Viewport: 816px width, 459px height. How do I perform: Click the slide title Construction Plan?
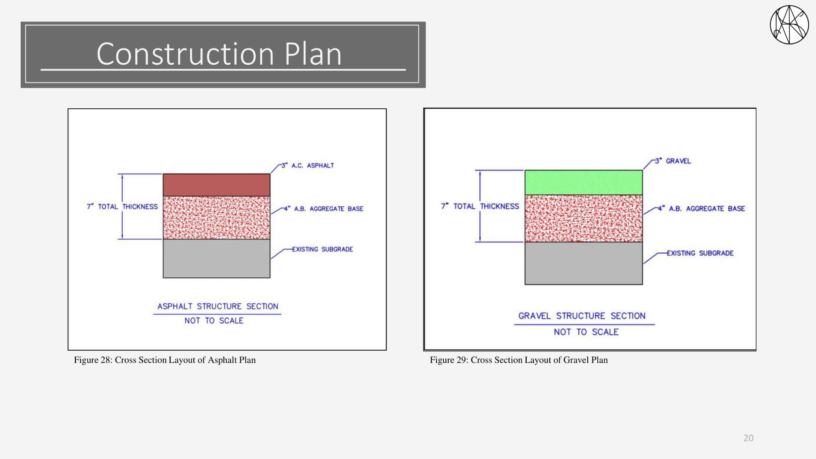(219, 54)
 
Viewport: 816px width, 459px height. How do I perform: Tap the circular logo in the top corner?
(789, 25)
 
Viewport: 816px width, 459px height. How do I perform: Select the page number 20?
(748, 438)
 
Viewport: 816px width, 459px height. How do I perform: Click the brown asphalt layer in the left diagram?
(216, 185)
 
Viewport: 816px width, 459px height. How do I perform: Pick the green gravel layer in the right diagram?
(583, 182)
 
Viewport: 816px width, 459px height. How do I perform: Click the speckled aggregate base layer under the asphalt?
(216, 218)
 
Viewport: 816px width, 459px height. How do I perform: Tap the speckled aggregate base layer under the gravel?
(583, 218)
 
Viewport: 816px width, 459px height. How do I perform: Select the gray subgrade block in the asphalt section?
(216, 259)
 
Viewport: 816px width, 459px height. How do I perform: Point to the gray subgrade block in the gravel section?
(583, 263)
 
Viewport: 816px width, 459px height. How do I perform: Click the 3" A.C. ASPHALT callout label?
(308, 165)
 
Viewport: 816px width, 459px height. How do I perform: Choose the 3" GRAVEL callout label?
(673, 161)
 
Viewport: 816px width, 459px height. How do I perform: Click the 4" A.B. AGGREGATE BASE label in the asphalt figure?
(324, 208)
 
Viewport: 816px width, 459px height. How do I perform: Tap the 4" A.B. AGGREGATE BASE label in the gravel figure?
(701, 208)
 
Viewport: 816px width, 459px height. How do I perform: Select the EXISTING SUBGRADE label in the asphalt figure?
(322, 249)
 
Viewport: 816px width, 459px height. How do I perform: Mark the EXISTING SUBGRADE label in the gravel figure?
(700, 253)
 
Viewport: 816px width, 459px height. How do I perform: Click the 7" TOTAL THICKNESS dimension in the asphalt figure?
(122, 206)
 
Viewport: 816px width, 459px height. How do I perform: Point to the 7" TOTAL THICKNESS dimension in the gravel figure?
(480, 206)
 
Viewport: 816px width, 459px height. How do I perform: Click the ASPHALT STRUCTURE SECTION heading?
(218, 306)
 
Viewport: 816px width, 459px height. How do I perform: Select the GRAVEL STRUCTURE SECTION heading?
(582, 316)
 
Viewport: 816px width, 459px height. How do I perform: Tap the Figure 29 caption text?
(519, 360)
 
